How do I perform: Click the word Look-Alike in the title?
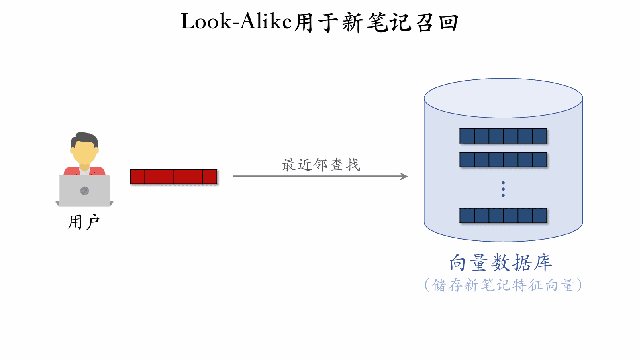coord(236,22)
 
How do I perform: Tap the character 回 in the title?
coord(449,22)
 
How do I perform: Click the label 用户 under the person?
coord(84,222)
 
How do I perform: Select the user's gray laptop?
coord(84,191)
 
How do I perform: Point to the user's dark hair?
coord(84,138)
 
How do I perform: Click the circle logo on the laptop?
coord(84,191)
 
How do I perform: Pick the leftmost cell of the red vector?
coord(137,177)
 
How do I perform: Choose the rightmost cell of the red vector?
coord(210,177)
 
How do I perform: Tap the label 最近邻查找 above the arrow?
coord(321,165)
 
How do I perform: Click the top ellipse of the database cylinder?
coord(503,98)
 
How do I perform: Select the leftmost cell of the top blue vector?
coord(467,136)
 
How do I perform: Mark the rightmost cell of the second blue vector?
coord(539,160)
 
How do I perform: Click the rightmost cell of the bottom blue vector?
coord(539,216)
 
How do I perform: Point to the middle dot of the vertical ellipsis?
coord(503,189)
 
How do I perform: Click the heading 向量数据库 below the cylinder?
coord(501,263)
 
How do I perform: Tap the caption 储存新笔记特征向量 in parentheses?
coord(503,285)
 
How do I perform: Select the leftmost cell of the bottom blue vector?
coord(467,216)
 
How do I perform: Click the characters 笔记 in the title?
coord(390,22)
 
